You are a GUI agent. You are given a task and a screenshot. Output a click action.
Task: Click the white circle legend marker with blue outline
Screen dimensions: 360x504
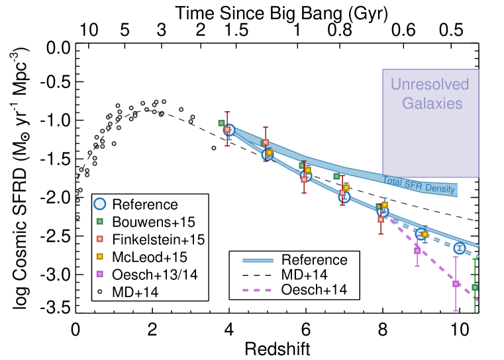point(99,204)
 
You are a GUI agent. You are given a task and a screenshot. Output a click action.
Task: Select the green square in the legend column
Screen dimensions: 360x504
point(99,221)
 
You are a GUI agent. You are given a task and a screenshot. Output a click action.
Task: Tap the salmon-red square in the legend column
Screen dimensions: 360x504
point(99,238)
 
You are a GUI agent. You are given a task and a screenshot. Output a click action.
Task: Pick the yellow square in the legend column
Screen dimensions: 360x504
point(99,256)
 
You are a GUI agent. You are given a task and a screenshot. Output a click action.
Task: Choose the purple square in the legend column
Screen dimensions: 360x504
point(99,273)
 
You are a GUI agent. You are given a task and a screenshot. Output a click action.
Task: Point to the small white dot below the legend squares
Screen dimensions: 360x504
point(100,291)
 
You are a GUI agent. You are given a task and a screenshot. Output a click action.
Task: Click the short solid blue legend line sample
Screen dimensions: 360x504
point(258,260)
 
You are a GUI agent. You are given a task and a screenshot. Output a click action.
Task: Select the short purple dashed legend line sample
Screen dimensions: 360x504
point(257,290)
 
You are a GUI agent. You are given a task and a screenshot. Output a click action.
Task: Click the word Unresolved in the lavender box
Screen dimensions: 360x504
point(430,84)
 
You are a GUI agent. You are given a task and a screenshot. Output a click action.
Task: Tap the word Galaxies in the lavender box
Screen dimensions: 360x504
point(432,104)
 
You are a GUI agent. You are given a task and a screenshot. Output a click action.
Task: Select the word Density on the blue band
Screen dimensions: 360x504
point(440,189)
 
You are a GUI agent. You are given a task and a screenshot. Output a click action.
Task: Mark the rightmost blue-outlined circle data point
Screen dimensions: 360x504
point(459,248)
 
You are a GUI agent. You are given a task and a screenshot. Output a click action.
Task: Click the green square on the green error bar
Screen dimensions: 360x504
point(475,287)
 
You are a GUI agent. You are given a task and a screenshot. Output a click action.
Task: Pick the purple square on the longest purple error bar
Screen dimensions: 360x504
point(456,283)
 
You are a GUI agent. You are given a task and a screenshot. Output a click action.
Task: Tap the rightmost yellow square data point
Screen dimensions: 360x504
point(425,234)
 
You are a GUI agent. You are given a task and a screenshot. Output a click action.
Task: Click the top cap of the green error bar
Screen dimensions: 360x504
point(475,259)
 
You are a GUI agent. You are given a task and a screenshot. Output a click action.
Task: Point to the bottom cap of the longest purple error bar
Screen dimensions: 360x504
point(456,310)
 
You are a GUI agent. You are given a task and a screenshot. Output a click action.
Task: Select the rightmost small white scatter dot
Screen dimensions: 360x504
point(213,148)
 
